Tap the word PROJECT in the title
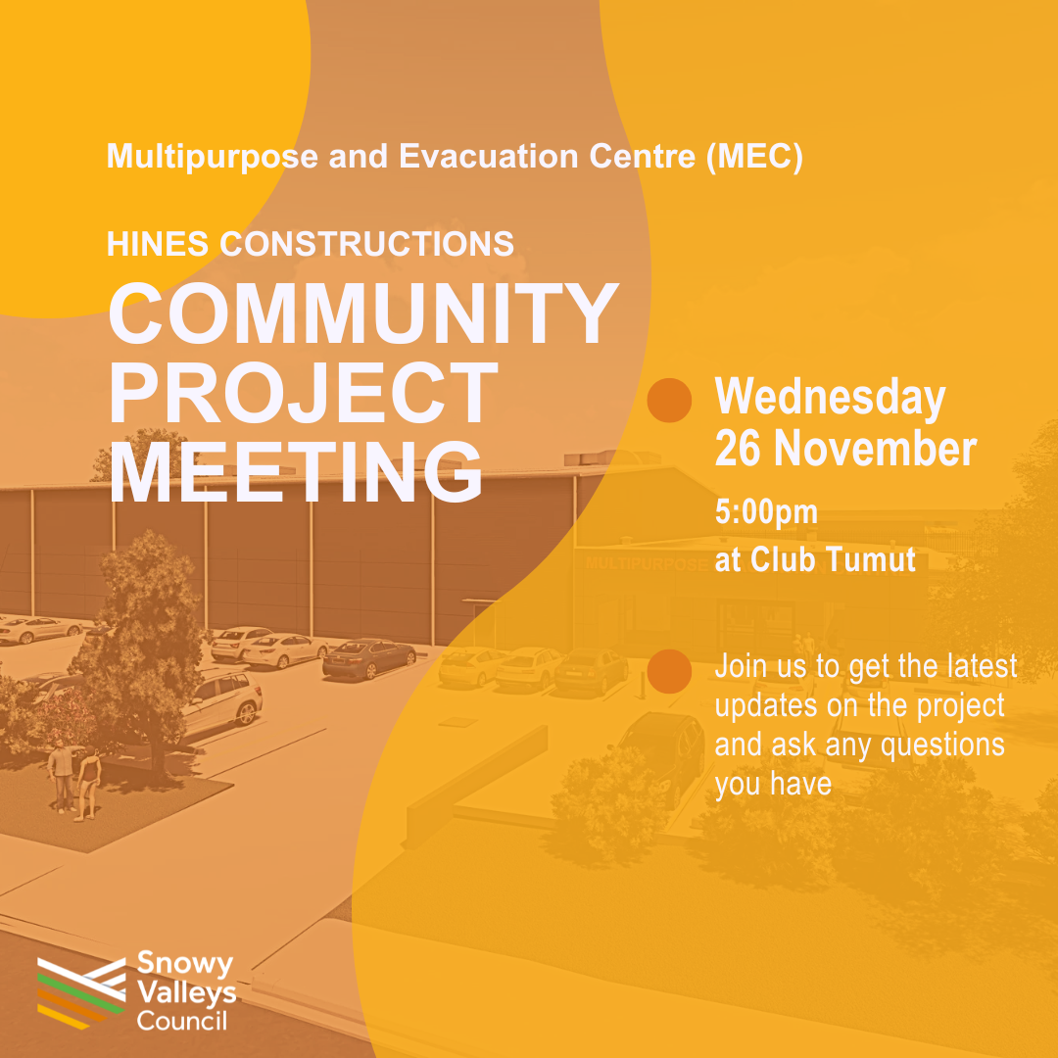(303, 392)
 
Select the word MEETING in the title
(296, 471)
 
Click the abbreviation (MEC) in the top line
(754, 157)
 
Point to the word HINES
(158, 244)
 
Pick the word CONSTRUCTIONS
(367, 244)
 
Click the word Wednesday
(830, 398)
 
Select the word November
(875, 449)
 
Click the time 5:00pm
(766, 512)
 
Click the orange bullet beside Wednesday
(669, 400)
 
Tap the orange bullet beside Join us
(669, 671)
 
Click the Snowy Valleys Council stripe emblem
(81, 993)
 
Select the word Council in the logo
(182, 1020)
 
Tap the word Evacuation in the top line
(489, 156)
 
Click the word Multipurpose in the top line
(213, 157)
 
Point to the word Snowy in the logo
(185, 964)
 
